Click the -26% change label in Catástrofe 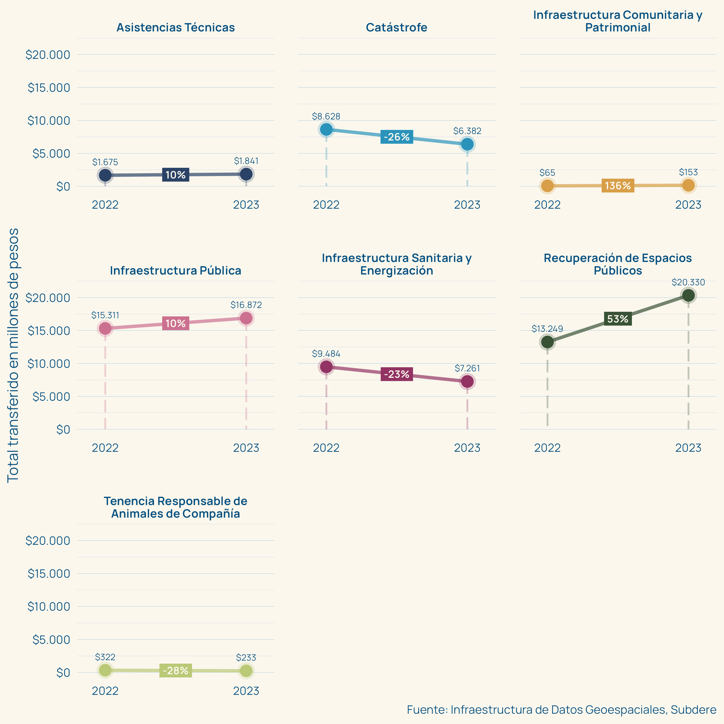click(x=396, y=137)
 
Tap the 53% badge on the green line click(x=618, y=319)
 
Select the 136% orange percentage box click(x=618, y=186)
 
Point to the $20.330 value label click(x=688, y=282)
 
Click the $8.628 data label click(x=326, y=116)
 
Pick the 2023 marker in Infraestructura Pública click(x=246, y=318)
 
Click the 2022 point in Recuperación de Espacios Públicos click(x=547, y=342)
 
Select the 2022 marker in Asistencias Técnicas click(x=105, y=175)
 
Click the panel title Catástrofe click(x=396, y=27)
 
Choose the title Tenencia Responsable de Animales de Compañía click(x=175, y=507)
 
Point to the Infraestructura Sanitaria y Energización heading click(x=396, y=264)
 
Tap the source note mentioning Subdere click(x=561, y=709)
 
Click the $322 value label click(x=105, y=657)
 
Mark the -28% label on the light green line click(x=175, y=670)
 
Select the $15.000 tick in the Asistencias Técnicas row click(x=49, y=88)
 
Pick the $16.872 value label click(x=246, y=305)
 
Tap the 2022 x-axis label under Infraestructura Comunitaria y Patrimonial click(x=547, y=205)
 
